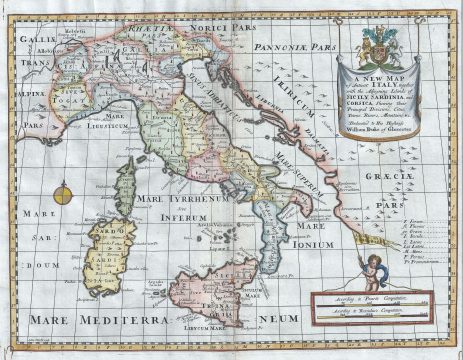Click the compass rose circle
click(64, 190)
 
